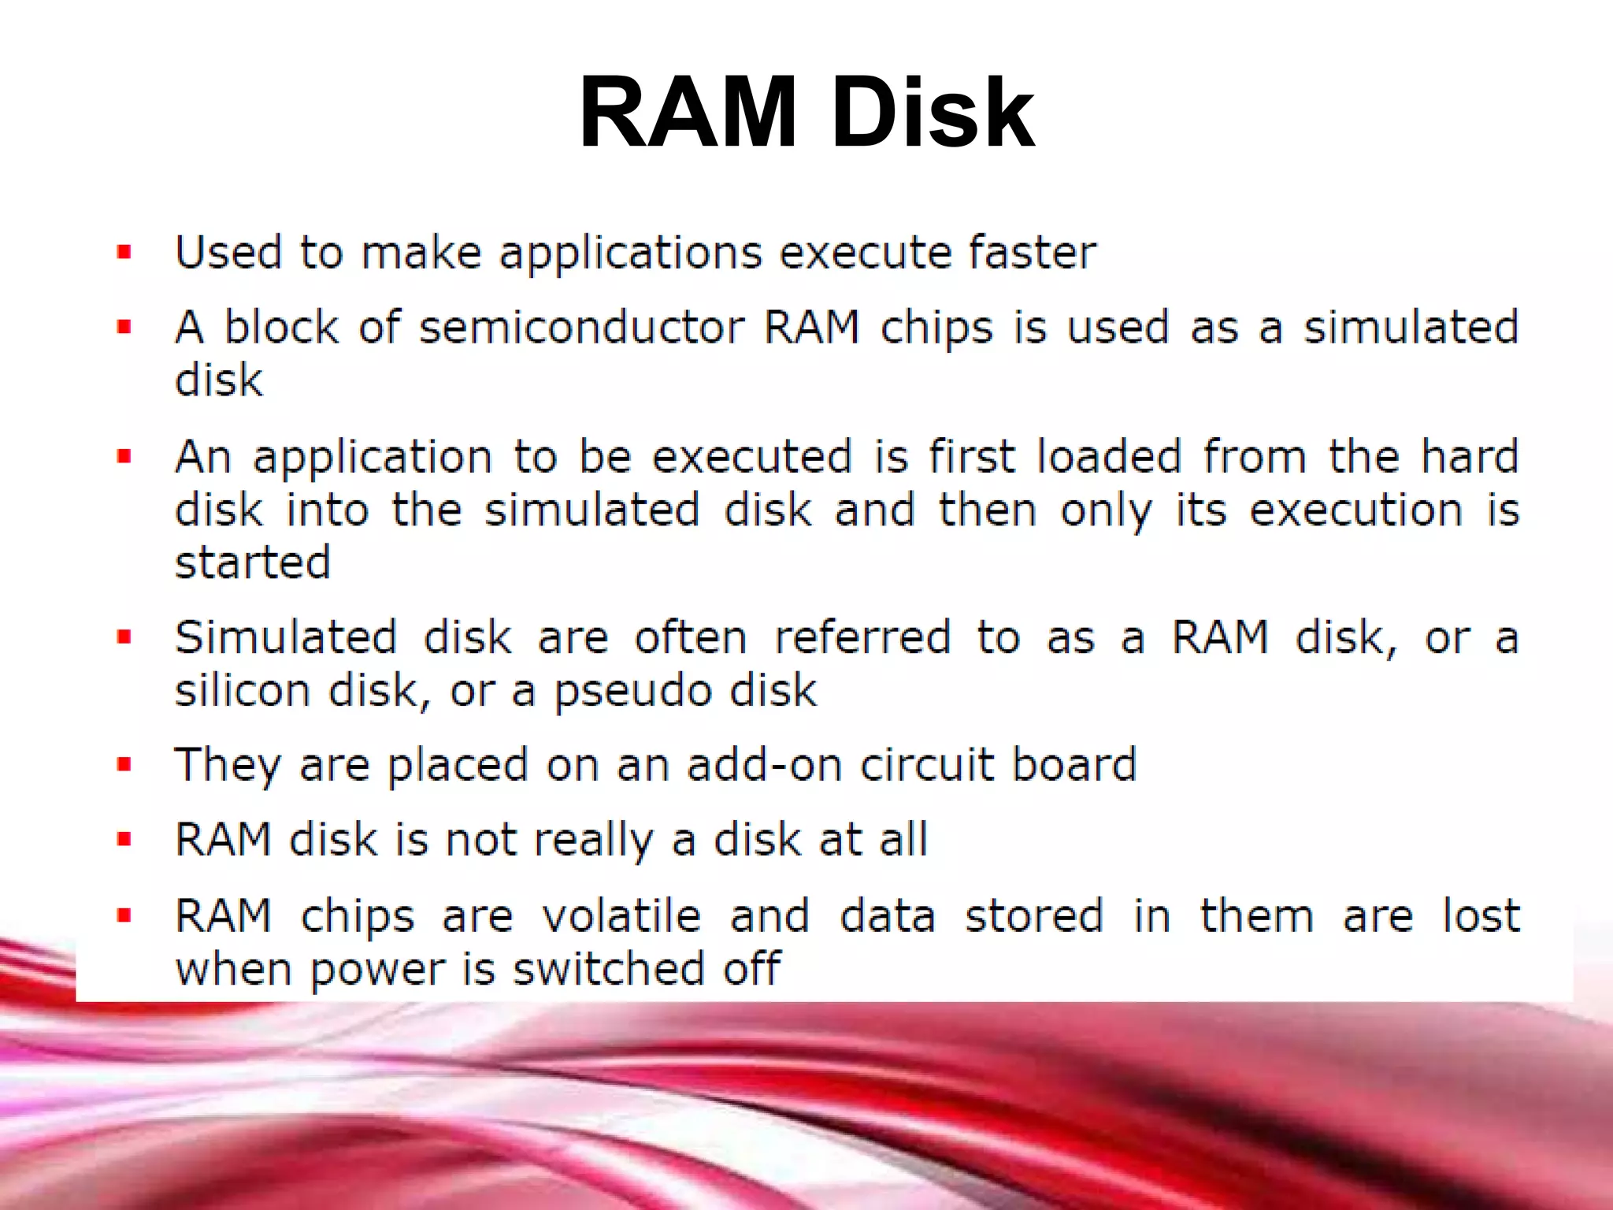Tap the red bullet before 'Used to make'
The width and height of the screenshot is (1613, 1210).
[124, 253]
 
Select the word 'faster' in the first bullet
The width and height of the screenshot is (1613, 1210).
[1032, 253]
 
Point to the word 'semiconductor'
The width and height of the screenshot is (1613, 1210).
[581, 328]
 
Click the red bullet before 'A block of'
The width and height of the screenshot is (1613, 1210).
[124, 327]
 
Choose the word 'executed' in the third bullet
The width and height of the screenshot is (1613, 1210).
[752, 457]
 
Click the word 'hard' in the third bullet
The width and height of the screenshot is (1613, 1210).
[1470, 457]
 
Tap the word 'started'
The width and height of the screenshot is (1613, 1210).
[252, 562]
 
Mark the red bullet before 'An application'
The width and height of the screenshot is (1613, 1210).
[124, 456]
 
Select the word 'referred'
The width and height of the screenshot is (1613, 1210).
[862, 637]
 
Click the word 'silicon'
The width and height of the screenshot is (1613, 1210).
[243, 691]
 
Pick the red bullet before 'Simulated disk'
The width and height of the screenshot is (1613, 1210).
[124, 637]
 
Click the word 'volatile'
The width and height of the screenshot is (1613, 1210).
[621, 916]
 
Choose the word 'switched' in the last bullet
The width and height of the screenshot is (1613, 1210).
[609, 969]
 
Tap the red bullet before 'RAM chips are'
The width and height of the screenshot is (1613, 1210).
[124, 915]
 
